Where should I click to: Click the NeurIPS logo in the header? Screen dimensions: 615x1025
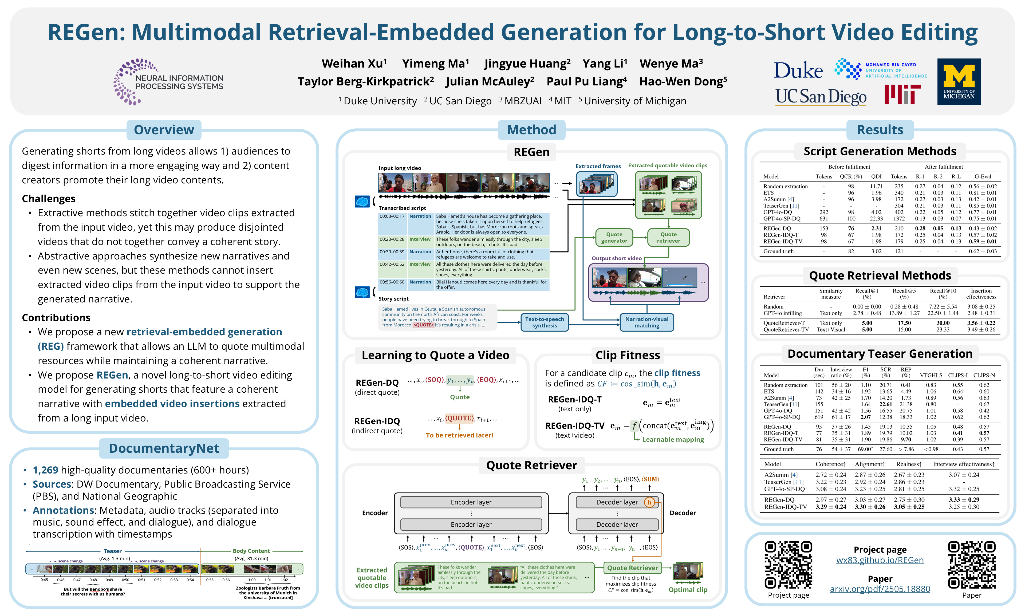(168, 82)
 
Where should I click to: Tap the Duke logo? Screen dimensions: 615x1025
(798, 70)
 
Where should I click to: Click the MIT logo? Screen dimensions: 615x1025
(902, 94)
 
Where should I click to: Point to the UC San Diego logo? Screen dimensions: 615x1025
(820, 97)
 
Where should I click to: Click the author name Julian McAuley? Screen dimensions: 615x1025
(490, 82)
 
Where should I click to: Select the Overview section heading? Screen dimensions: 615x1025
(164, 130)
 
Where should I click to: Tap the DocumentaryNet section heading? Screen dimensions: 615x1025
(164, 448)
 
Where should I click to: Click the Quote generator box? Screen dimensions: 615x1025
(614, 238)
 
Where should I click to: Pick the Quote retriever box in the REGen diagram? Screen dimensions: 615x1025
(668, 238)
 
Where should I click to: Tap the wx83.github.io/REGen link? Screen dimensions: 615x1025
(880, 560)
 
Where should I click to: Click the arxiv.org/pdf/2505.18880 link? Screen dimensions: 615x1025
(880, 589)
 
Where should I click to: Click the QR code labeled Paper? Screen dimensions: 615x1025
(972, 565)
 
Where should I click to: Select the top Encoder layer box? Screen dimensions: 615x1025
(471, 502)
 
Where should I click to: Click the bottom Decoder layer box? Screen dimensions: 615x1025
(617, 525)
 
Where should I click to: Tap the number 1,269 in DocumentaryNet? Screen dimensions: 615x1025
(46, 470)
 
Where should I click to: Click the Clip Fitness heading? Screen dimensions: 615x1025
(627, 355)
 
